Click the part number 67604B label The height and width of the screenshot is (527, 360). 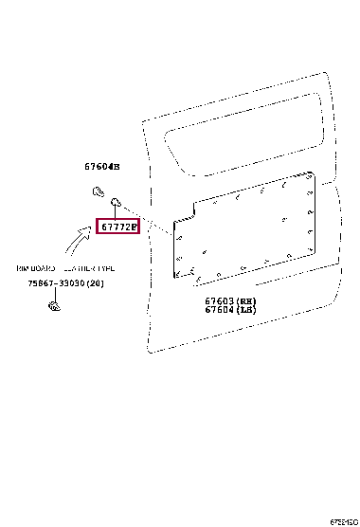pyautogui.click(x=102, y=167)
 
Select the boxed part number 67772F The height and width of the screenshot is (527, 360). pyautogui.click(x=118, y=227)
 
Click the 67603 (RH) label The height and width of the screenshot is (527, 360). pyautogui.click(x=230, y=300)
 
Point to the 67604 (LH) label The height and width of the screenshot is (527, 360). pyautogui.click(x=230, y=310)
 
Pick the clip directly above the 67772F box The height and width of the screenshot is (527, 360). pyautogui.click(x=115, y=200)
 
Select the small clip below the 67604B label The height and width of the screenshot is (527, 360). pyautogui.click(x=98, y=191)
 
